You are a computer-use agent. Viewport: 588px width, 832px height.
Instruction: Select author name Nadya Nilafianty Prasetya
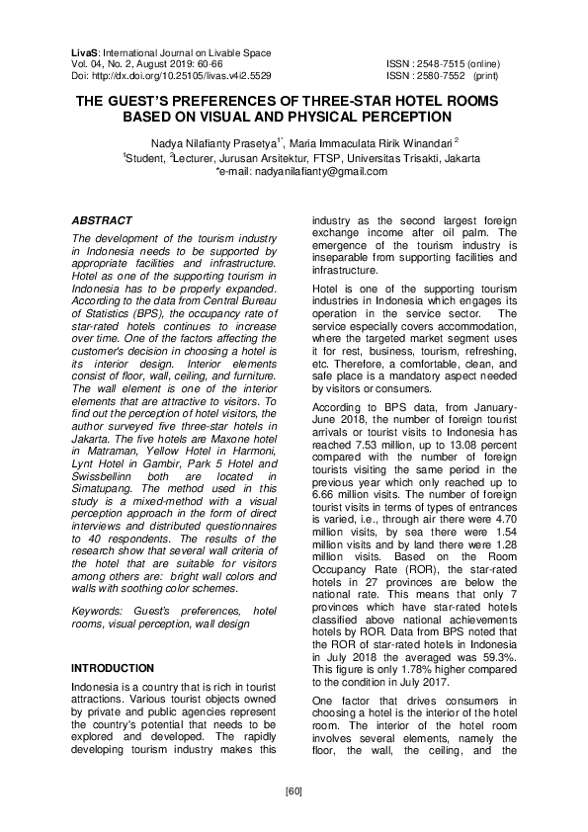(x=208, y=142)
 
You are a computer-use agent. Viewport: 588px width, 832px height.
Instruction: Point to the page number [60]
(x=294, y=791)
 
